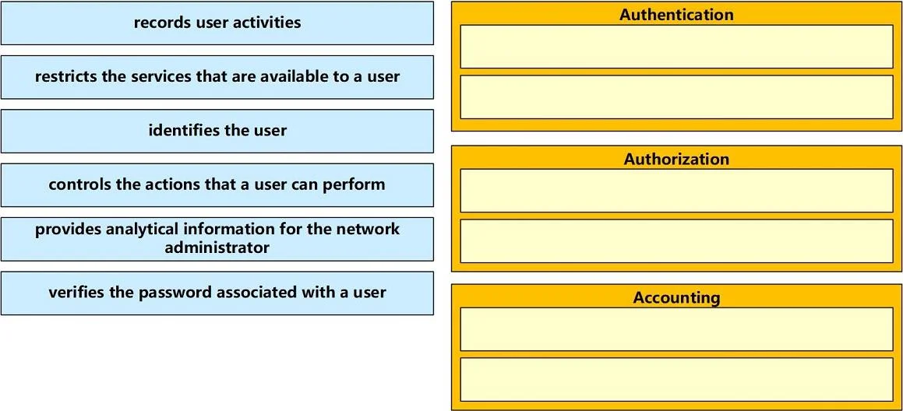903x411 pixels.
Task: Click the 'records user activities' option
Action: pyautogui.click(x=217, y=23)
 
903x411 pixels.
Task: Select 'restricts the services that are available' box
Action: pyautogui.click(x=217, y=77)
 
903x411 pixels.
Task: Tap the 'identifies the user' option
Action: pyautogui.click(x=217, y=132)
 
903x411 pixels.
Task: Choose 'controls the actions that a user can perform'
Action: pyautogui.click(x=217, y=185)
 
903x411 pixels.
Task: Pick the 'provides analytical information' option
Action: pyautogui.click(x=217, y=239)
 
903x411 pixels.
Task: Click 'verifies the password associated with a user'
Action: pyautogui.click(x=217, y=293)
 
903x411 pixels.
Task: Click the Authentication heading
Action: pyautogui.click(x=677, y=14)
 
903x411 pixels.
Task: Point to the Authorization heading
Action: pyautogui.click(x=677, y=159)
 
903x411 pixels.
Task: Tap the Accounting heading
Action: pyautogui.click(x=677, y=297)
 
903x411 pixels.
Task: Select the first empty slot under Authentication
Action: pyautogui.click(x=677, y=47)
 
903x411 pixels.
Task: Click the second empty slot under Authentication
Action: pyautogui.click(x=677, y=97)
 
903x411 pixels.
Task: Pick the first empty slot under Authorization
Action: pyautogui.click(x=677, y=191)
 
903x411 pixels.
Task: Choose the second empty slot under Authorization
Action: pyautogui.click(x=677, y=241)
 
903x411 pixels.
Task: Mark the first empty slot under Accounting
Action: pyautogui.click(x=677, y=329)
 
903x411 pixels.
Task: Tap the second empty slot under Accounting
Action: pyautogui.click(x=677, y=380)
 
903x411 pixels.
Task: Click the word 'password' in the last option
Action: pyautogui.click(x=175, y=293)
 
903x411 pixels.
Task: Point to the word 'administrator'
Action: pyautogui.click(x=217, y=248)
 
